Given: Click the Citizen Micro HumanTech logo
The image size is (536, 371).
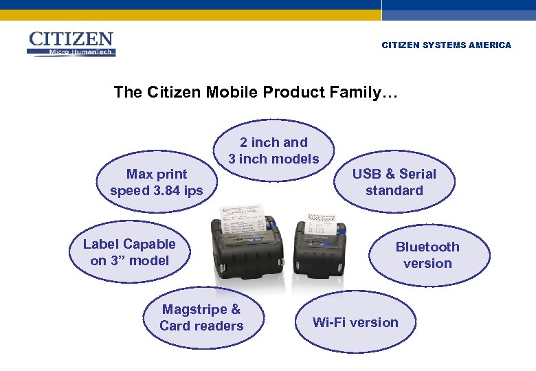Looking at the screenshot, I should coord(71,44).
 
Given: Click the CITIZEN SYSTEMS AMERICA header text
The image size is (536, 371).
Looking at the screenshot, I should coord(446,45).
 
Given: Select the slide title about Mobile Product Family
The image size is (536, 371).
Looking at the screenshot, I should coord(256,92).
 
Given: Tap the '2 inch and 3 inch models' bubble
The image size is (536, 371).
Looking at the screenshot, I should coord(273,150).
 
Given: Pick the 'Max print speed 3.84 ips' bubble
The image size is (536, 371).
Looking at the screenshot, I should coord(157,182).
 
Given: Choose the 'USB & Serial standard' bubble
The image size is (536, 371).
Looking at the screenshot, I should coord(394,182).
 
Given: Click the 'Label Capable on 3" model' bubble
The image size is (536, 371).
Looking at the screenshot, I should coord(129,252).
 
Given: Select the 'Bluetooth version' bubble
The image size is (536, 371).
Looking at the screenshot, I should coord(427,255).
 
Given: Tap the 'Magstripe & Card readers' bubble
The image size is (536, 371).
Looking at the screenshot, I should coord(201,317).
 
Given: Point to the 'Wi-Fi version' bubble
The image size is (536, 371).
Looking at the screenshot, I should coord(355,322).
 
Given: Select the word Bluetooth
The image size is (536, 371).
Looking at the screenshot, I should coord(427,247).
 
